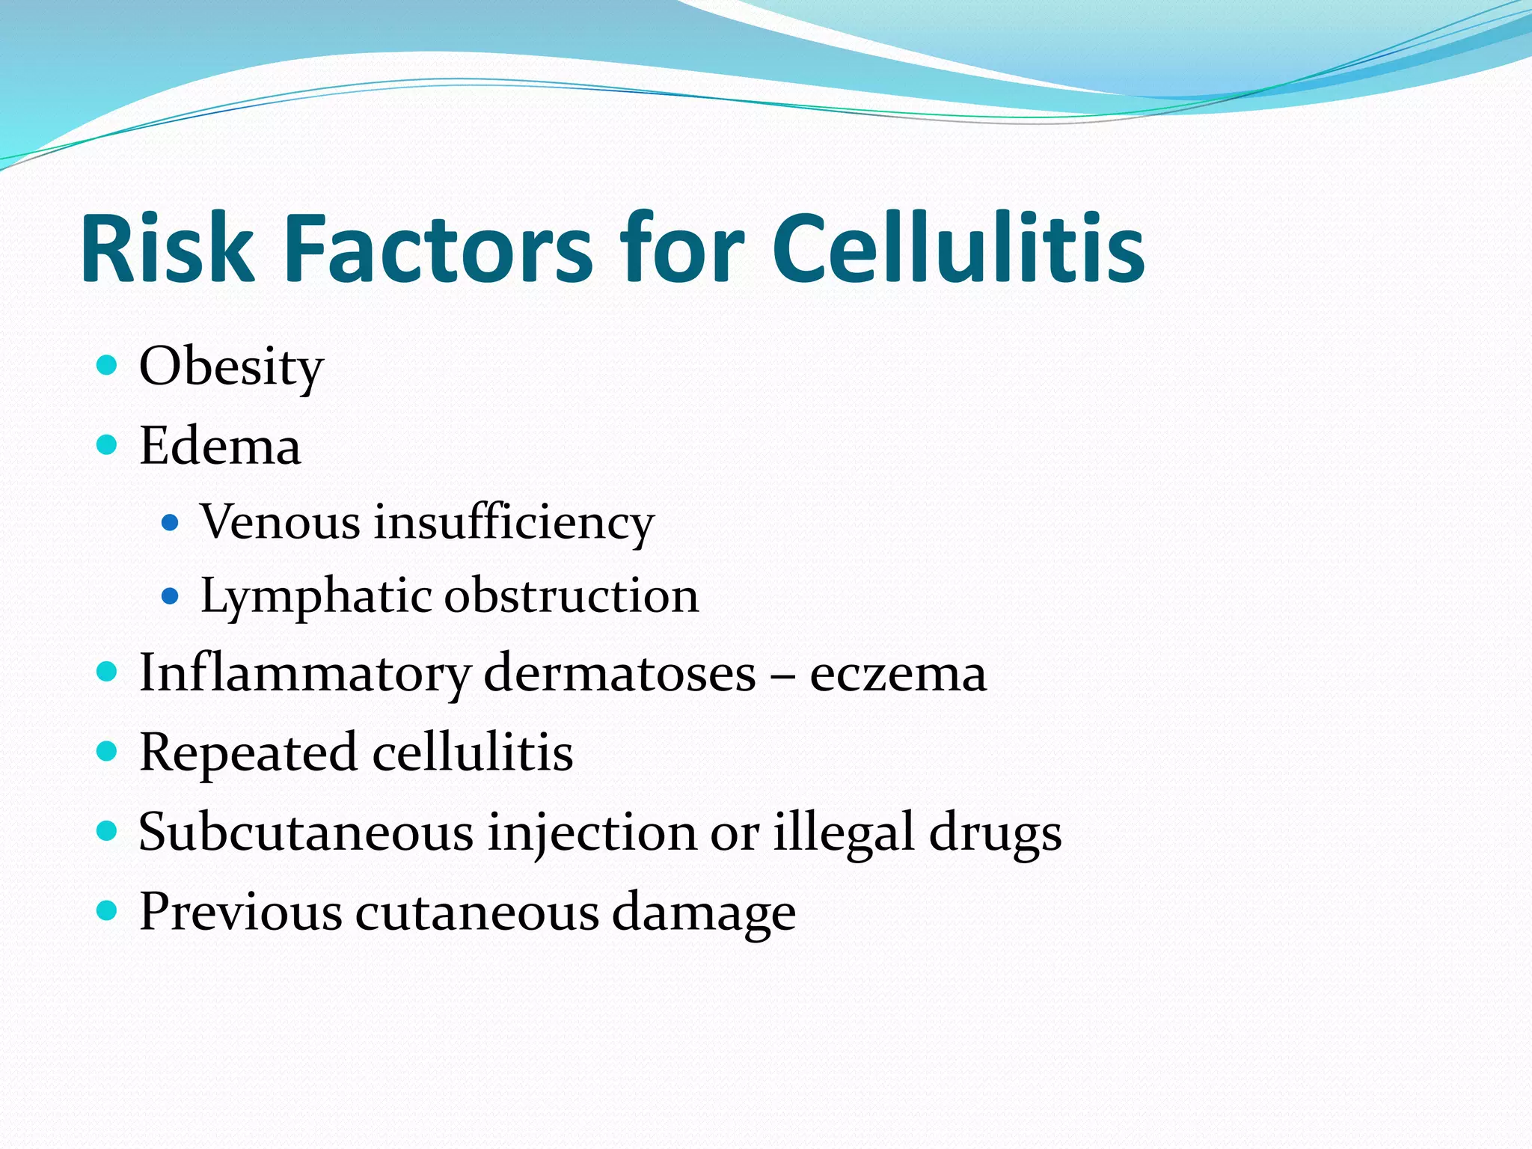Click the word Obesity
click(231, 368)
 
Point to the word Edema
click(220, 447)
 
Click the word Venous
click(280, 521)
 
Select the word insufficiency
click(514, 523)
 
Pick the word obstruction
click(572, 596)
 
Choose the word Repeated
click(248, 753)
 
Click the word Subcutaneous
click(306, 832)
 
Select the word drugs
click(995, 833)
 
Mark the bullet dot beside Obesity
click(108, 366)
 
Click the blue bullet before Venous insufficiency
click(171, 522)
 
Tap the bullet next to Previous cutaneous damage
click(108, 910)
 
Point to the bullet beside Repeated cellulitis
click(108, 750)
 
